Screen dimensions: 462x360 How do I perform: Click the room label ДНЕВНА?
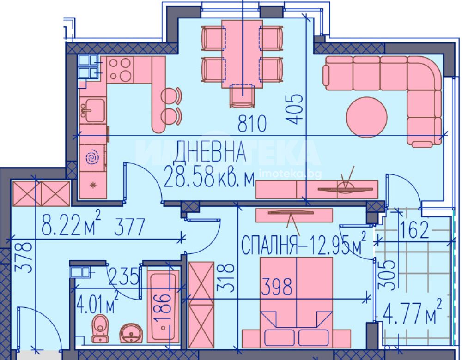pyautogui.click(x=209, y=152)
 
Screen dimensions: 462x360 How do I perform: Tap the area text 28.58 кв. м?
pyautogui.click(x=209, y=176)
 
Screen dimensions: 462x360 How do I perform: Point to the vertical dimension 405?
pyautogui.click(x=294, y=109)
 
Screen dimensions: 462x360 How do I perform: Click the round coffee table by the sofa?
pyautogui.click(x=366, y=117)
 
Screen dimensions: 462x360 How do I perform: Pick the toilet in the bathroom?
pyautogui.click(x=100, y=329)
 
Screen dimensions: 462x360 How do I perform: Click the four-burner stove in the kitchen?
pyautogui.click(x=120, y=70)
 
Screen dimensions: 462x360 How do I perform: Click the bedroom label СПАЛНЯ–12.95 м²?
pyautogui.click(x=304, y=244)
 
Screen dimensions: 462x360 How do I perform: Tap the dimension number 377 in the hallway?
pyautogui.click(x=130, y=227)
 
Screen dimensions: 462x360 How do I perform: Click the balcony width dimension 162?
pyautogui.click(x=414, y=229)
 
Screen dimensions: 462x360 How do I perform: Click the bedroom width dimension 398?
pyautogui.click(x=277, y=287)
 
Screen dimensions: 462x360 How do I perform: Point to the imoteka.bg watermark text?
pyautogui.click(x=290, y=174)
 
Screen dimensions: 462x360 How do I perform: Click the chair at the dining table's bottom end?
pyautogui.click(x=243, y=96)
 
